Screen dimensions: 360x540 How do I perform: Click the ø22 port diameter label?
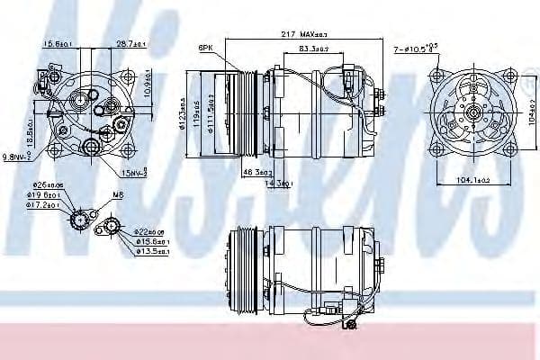point(150,233)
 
